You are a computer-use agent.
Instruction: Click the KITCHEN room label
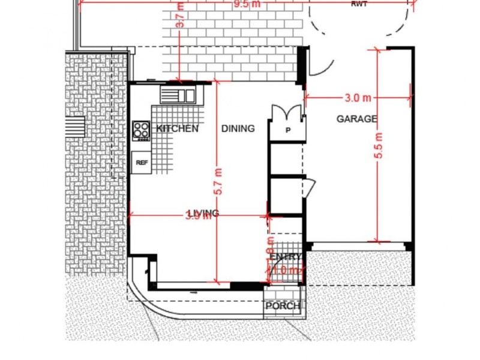pyautogui.click(x=177, y=128)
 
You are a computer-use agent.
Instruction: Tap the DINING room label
pyautogui.click(x=238, y=128)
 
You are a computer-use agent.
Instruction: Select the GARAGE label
pyautogui.click(x=356, y=119)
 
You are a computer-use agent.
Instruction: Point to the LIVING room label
pyautogui.click(x=203, y=213)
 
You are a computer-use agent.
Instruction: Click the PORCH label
pyautogui.click(x=283, y=306)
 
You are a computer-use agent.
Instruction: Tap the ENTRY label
pyautogui.click(x=285, y=257)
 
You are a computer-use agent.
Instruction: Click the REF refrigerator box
pyautogui.click(x=142, y=163)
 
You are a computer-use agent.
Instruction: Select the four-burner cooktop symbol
pyautogui.click(x=142, y=130)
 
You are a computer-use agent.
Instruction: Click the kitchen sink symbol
pyautogui.click(x=178, y=95)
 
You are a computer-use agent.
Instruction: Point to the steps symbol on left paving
pyautogui.click(x=74, y=127)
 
